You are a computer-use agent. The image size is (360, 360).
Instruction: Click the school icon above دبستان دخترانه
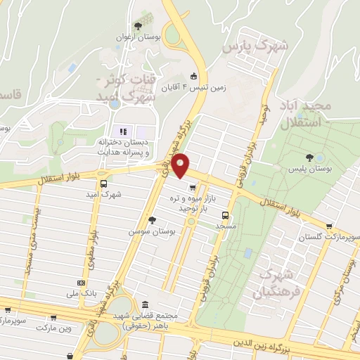coord(123,131)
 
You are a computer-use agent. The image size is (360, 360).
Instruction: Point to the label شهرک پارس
coord(255,46)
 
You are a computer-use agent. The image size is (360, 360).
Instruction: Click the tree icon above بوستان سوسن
coord(151,220)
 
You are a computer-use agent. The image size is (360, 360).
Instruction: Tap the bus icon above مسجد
coord(226,215)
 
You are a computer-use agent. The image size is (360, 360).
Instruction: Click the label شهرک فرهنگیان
coord(280,281)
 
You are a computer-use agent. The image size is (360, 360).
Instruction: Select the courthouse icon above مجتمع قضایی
coord(146,305)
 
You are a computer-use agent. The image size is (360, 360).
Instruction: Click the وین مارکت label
coord(55,328)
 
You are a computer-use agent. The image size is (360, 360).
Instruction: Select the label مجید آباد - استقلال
coord(304,115)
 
